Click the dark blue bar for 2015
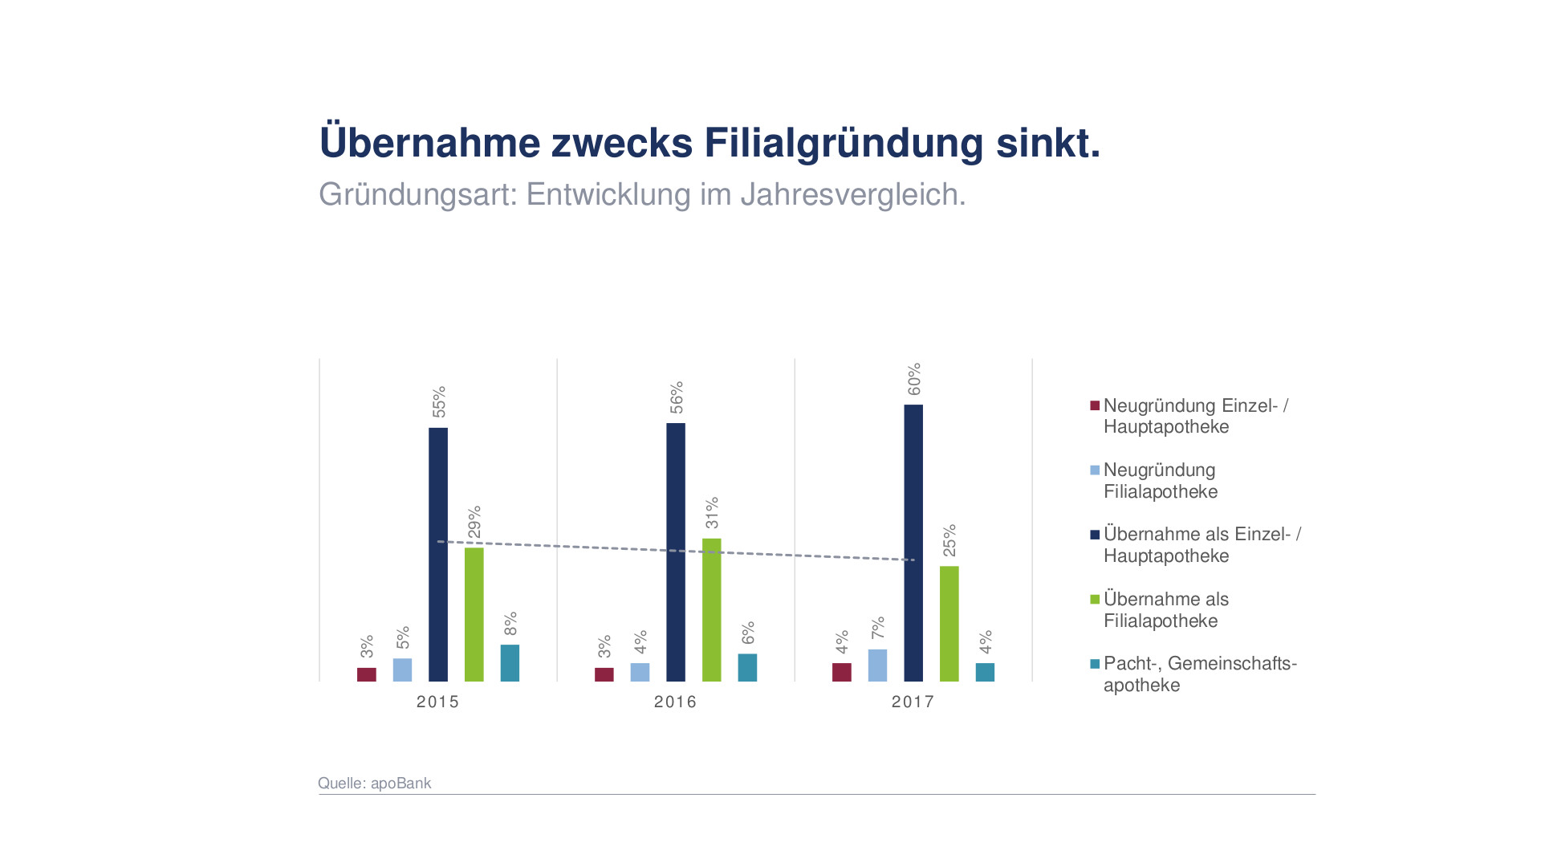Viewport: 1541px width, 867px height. pos(438,554)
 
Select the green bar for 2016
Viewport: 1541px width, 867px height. pos(712,609)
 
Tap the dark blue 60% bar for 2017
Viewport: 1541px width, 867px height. pos(913,543)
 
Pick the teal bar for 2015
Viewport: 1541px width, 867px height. pos(510,663)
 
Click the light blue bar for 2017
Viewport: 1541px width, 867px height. pos(877,666)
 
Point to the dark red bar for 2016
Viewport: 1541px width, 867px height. pos(604,674)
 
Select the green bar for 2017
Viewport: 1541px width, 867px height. pos(949,624)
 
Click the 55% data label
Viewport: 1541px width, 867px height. pos(439,402)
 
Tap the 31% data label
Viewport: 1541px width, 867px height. pos(712,513)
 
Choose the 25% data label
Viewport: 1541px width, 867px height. pos(949,540)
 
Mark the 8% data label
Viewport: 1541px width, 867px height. pos(510,624)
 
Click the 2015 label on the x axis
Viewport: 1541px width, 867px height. pos(437,702)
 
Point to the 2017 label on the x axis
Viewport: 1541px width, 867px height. pos(913,702)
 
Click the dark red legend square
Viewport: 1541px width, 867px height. pos(1095,405)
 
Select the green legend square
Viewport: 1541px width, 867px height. pos(1095,599)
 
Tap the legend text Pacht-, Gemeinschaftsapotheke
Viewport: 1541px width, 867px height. pos(1199,674)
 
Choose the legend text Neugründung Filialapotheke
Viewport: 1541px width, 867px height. pos(1160,481)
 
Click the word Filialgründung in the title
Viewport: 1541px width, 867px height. pos(844,143)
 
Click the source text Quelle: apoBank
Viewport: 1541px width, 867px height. pos(375,783)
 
